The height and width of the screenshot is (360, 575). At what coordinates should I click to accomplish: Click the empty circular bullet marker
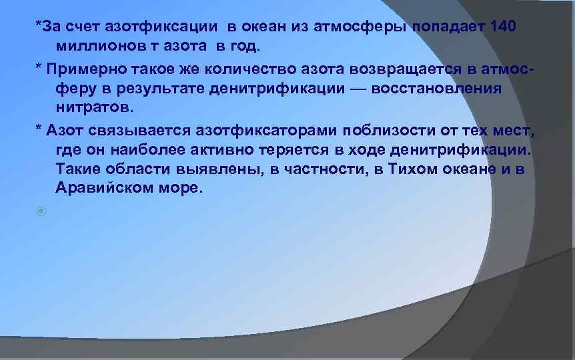[42, 211]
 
